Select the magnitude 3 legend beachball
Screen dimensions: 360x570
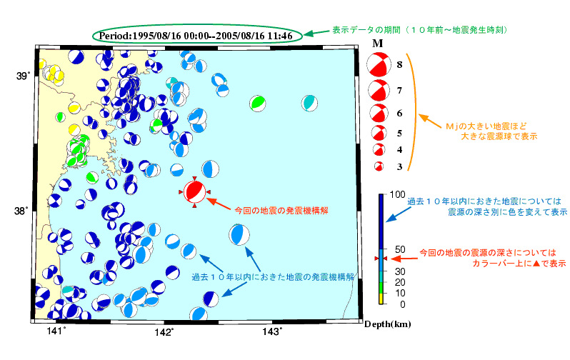click(379, 166)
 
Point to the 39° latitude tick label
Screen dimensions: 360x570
click(24, 76)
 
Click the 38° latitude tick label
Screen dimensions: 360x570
click(24, 211)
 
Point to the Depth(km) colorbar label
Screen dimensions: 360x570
click(386, 324)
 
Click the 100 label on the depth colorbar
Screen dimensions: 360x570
click(397, 195)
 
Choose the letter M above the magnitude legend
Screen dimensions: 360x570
click(379, 44)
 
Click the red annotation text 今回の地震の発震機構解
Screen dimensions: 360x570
click(281, 211)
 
